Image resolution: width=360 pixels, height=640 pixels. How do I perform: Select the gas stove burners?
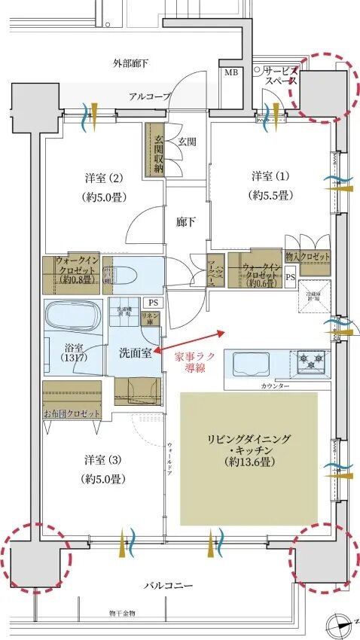(x=310, y=362)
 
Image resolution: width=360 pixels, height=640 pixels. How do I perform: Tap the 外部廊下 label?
(x=130, y=63)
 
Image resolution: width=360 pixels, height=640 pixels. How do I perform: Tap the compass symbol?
(x=340, y=624)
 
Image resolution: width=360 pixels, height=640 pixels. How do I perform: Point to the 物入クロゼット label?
(x=308, y=258)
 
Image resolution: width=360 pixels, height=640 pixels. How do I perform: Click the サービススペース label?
(x=281, y=75)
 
